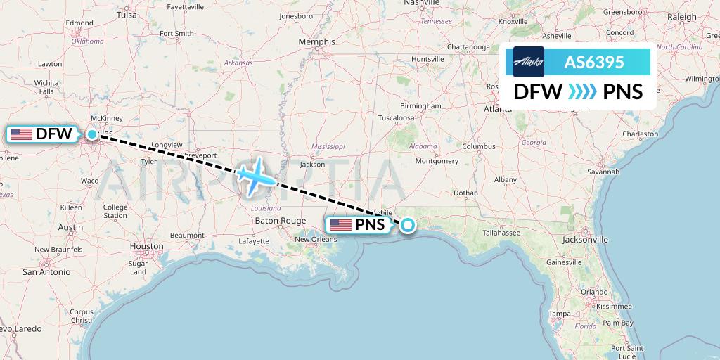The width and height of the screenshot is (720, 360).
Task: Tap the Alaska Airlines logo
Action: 528,62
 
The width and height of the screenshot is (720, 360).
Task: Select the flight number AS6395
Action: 594,62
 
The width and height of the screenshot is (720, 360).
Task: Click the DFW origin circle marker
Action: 92,134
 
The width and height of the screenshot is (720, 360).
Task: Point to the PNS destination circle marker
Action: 409,225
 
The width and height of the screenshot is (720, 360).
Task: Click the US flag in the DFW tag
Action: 22,134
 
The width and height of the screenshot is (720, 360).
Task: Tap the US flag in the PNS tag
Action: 341,225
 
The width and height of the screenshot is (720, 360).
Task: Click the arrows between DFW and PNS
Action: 582,92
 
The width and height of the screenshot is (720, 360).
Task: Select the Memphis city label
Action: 316,42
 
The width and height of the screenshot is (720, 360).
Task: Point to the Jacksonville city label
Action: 585,239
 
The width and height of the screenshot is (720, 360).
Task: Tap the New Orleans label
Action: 316,239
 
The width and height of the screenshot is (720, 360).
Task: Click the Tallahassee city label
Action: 496,232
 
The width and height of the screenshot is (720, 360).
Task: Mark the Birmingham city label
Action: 420,105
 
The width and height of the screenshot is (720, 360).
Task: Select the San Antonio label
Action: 46,271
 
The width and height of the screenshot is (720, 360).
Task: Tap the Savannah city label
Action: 605,171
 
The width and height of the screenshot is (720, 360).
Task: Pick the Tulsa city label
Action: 127,14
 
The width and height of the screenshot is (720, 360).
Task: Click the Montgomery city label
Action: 437,160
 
